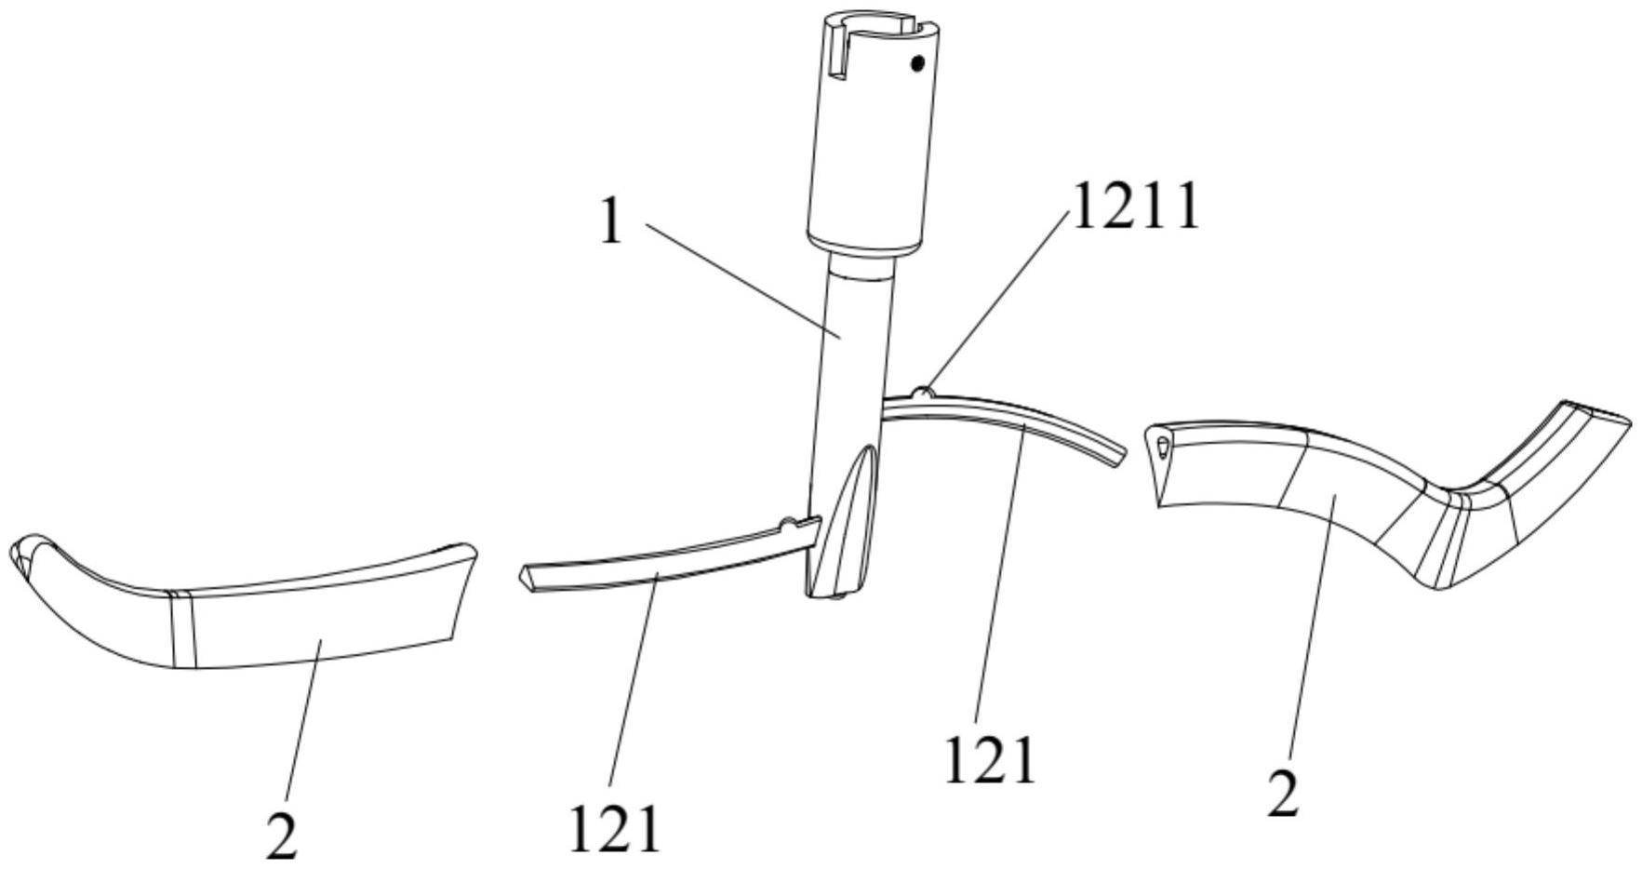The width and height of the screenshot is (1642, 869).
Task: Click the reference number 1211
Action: tap(1136, 206)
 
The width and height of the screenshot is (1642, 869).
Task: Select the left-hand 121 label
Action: tap(614, 828)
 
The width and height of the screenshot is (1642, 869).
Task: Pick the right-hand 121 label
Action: tap(989, 760)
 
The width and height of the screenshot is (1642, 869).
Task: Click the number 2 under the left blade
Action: tap(281, 835)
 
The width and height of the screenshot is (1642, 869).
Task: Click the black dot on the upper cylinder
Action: tap(917, 64)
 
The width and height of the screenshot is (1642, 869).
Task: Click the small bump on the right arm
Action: tap(921, 390)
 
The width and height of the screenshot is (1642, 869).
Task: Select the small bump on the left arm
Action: tap(788, 525)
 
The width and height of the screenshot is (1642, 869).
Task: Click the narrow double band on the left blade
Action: tap(183, 629)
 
